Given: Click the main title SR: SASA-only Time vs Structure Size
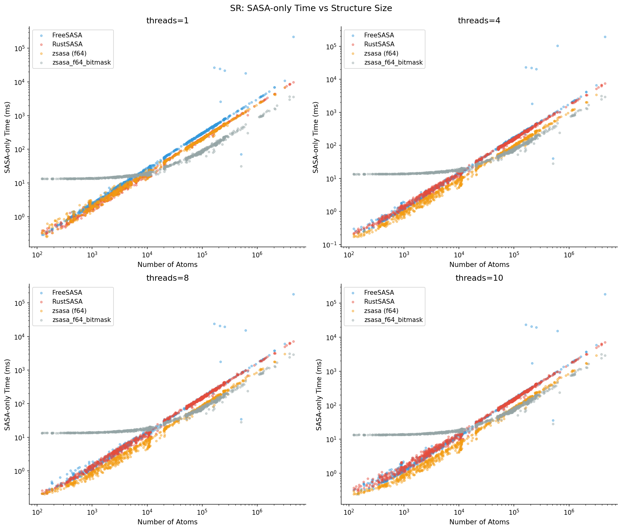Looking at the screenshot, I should pos(311,8).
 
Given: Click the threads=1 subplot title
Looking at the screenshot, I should pos(167,21).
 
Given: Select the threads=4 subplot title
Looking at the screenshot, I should pos(479,21).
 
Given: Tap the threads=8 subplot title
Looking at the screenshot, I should pos(167,278).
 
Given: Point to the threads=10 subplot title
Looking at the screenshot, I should pos(479,278).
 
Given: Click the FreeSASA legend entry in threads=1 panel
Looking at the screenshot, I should pos(67,35).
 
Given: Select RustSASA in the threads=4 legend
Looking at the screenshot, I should pos(379,44).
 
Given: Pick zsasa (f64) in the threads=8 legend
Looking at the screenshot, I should pos(69,311).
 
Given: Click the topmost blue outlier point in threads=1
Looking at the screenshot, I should pos(293,37).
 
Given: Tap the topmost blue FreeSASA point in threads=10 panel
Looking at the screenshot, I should pos(605,294).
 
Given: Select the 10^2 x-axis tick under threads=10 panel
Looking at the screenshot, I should pos(349,512).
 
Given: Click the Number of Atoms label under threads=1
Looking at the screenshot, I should pos(167,265).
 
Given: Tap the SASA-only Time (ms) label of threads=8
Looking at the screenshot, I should pos(7,395).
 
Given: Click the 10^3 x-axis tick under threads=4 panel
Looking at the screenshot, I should pos(404,255).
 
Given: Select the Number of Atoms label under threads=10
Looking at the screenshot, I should pos(479,522).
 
